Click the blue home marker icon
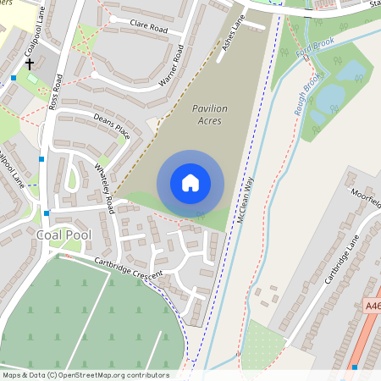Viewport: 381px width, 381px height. tap(190, 183)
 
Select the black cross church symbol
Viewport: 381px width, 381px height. tap(30, 63)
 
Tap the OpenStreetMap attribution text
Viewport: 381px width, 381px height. tap(85, 375)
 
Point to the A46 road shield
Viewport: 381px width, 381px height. tap(373, 306)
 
